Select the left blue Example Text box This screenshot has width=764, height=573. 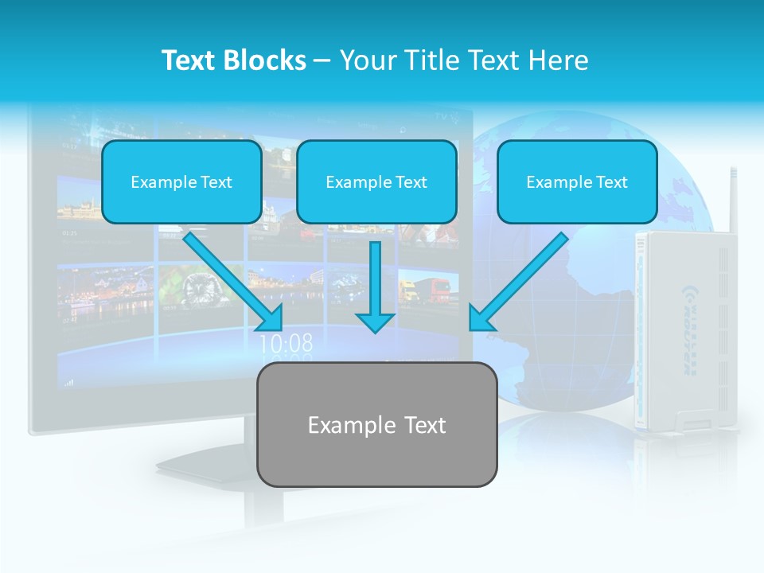click(x=181, y=181)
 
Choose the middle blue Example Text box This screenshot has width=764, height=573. click(x=376, y=181)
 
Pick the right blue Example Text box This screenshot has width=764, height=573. click(x=577, y=181)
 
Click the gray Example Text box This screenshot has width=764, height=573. click(x=376, y=424)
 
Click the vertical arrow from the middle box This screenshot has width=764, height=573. click(x=375, y=286)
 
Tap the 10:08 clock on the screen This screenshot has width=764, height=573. click(x=286, y=344)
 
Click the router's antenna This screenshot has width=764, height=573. click(x=731, y=199)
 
